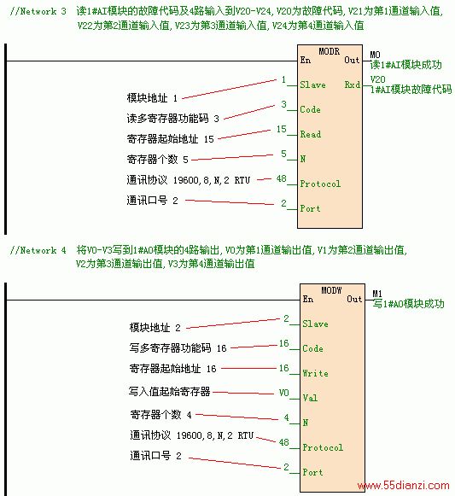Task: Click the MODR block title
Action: point(329,51)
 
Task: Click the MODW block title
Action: point(331,290)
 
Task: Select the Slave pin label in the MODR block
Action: point(312,85)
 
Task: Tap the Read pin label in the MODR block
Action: point(311,134)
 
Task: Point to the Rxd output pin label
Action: point(353,85)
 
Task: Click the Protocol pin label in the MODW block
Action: point(323,447)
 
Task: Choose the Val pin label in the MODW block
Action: point(310,398)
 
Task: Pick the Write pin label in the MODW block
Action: point(315,373)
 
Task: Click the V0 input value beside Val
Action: point(283,393)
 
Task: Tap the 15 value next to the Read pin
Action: point(282,129)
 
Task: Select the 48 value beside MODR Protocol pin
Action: point(282,178)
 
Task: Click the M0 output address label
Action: point(376,55)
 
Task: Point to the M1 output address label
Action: point(377,294)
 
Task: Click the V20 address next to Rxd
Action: point(378,79)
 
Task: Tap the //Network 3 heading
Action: point(38,11)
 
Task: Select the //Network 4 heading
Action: point(38,250)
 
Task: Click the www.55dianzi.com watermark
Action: point(404,485)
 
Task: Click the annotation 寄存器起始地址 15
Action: point(170,139)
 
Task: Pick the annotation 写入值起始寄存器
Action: point(169,392)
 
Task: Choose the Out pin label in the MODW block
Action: point(354,299)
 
